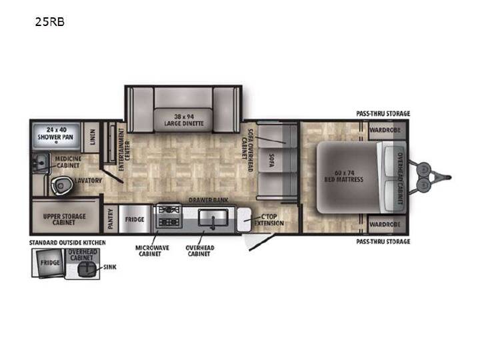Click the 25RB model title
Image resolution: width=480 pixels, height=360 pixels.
[x=49, y=22]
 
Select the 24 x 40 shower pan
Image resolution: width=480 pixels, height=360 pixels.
[x=55, y=137]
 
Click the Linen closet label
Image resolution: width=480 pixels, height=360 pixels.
[x=93, y=137]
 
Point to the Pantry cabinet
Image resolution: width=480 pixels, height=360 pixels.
[x=111, y=219]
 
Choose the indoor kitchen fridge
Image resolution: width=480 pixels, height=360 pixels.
[x=135, y=219]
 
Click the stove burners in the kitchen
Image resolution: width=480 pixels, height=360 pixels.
[x=169, y=216]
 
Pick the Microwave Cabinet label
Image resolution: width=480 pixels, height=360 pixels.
[x=152, y=251]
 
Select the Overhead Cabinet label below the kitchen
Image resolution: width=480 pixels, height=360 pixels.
[x=200, y=251]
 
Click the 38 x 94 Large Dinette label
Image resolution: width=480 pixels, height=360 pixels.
[x=184, y=120]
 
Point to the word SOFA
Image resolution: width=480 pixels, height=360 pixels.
[x=271, y=160]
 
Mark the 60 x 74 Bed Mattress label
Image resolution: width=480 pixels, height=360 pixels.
[x=344, y=176]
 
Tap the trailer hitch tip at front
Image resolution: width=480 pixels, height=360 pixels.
[x=449, y=177]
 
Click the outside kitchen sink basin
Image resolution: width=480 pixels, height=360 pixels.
[x=86, y=269]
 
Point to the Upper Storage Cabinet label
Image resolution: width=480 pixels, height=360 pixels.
[x=64, y=219]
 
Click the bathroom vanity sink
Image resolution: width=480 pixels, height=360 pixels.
[x=41, y=162]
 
